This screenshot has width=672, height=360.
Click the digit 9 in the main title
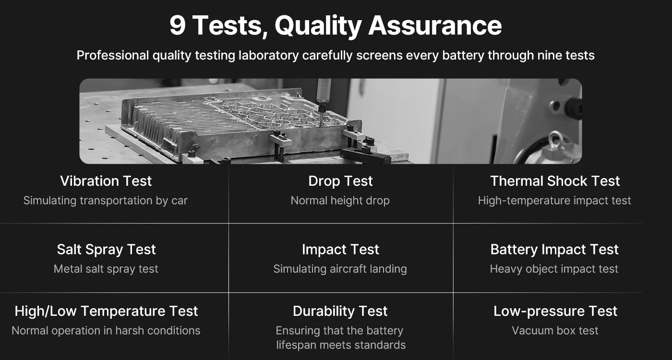coord(177,25)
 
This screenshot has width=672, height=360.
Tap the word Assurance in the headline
coord(435,25)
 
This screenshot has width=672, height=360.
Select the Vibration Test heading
coord(106,181)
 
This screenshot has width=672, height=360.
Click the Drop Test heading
coord(340,181)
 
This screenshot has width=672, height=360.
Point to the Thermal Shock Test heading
coord(555,181)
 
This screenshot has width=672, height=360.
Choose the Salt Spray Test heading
coord(106,250)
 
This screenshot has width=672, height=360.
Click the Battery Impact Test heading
coord(554,250)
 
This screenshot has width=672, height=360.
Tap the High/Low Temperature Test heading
coord(106,311)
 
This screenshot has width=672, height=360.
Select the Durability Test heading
coord(340,311)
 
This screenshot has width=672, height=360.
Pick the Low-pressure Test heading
coord(555,311)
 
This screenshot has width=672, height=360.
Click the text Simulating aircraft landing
coord(340,269)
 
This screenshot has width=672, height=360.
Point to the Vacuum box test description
coord(555,331)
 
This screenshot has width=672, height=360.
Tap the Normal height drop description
coord(340,201)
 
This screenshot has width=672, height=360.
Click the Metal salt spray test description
coord(106,269)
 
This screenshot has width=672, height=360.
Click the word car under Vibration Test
coord(180,201)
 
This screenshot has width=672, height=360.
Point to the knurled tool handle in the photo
coord(324,90)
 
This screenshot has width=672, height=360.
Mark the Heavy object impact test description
coord(554,269)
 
